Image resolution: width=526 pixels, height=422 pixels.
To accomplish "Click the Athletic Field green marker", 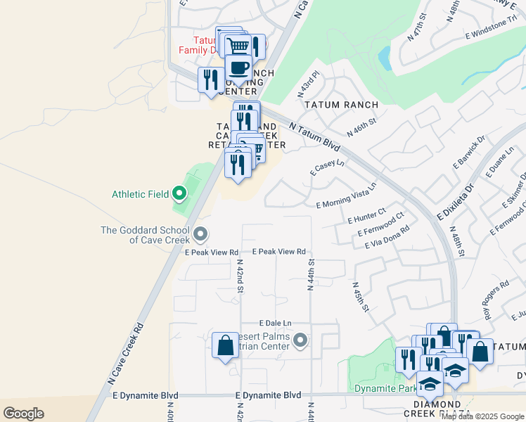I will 179,193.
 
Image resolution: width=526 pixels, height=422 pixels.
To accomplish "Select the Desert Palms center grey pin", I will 300,342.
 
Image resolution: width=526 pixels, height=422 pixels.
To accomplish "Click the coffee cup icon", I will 238,69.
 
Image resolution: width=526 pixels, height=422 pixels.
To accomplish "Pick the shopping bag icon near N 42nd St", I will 225,347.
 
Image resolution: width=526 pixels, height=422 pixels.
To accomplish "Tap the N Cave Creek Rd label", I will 126,353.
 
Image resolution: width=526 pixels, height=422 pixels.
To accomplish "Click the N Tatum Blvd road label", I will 314,136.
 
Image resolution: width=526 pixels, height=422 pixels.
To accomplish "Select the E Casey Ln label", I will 327,167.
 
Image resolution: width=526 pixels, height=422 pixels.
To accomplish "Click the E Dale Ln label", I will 274,322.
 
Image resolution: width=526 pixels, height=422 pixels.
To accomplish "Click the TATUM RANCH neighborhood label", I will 341,105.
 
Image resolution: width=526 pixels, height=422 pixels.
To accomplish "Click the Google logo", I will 23,414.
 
